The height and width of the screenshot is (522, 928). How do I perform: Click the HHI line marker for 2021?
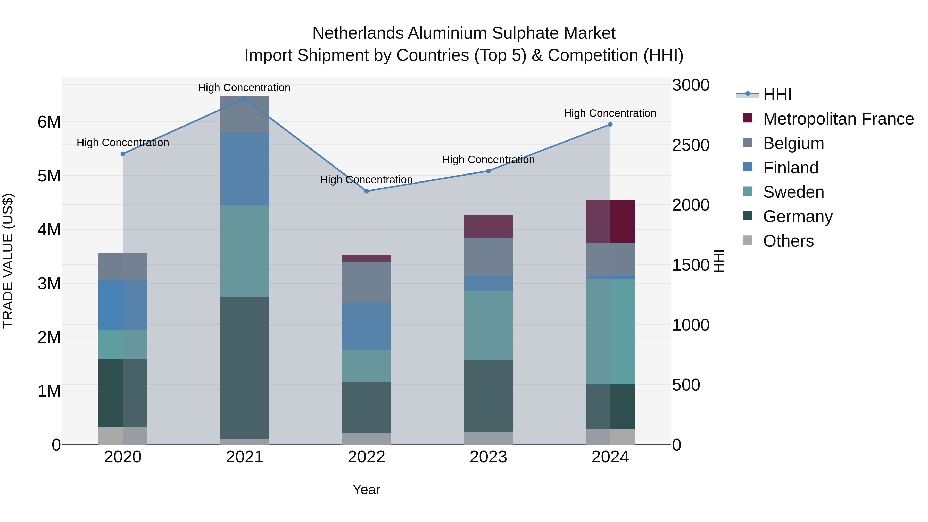(245, 98)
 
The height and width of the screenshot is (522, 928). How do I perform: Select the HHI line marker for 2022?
(366, 191)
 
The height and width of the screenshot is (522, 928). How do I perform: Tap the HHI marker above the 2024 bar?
(610, 124)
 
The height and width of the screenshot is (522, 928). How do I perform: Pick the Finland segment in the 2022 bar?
(366, 326)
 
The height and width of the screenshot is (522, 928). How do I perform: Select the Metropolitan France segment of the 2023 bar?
(488, 226)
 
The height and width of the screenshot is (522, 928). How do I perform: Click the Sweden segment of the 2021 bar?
(245, 251)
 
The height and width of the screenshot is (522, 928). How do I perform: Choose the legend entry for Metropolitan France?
(838, 119)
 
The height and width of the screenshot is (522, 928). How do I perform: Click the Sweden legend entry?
(793, 192)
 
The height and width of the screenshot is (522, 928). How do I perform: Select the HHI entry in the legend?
(777, 94)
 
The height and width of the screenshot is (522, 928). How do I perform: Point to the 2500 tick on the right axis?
(691, 145)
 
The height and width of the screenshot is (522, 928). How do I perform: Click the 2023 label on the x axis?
(488, 457)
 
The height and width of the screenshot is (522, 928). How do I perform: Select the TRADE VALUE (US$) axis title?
(8, 261)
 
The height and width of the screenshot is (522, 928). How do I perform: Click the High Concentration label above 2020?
(123, 143)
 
